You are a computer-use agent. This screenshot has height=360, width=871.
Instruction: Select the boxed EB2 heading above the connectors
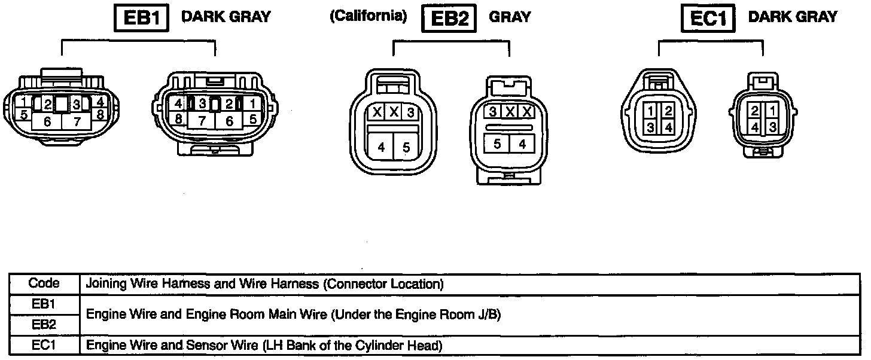tap(449, 18)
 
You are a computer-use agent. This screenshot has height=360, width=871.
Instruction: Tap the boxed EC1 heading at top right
tap(708, 18)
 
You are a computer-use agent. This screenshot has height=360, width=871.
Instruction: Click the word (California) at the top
tap(368, 16)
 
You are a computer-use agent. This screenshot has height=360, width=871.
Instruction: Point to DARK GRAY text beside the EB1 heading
tap(226, 17)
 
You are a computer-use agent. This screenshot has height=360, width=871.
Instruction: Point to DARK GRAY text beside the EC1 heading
tap(793, 17)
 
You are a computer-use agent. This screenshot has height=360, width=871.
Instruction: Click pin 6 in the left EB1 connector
tap(48, 121)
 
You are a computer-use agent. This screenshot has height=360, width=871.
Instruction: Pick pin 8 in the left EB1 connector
tap(100, 114)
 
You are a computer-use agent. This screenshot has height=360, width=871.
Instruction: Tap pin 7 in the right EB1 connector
tap(203, 120)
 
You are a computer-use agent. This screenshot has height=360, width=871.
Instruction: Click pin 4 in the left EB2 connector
tap(381, 148)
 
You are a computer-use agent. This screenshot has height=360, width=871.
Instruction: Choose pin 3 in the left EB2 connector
tap(410, 112)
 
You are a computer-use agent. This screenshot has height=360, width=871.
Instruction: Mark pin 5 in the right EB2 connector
tap(497, 144)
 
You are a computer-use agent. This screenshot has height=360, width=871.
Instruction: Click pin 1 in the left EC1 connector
tap(650, 110)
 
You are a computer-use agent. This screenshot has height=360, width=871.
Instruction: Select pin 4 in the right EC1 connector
tap(756, 127)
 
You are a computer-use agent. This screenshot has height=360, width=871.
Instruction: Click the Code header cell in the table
tap(44, 283)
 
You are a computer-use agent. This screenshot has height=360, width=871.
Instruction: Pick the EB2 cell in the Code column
tap(44, 325)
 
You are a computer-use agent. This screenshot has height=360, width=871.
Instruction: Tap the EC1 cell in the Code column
tap(44, 346)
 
